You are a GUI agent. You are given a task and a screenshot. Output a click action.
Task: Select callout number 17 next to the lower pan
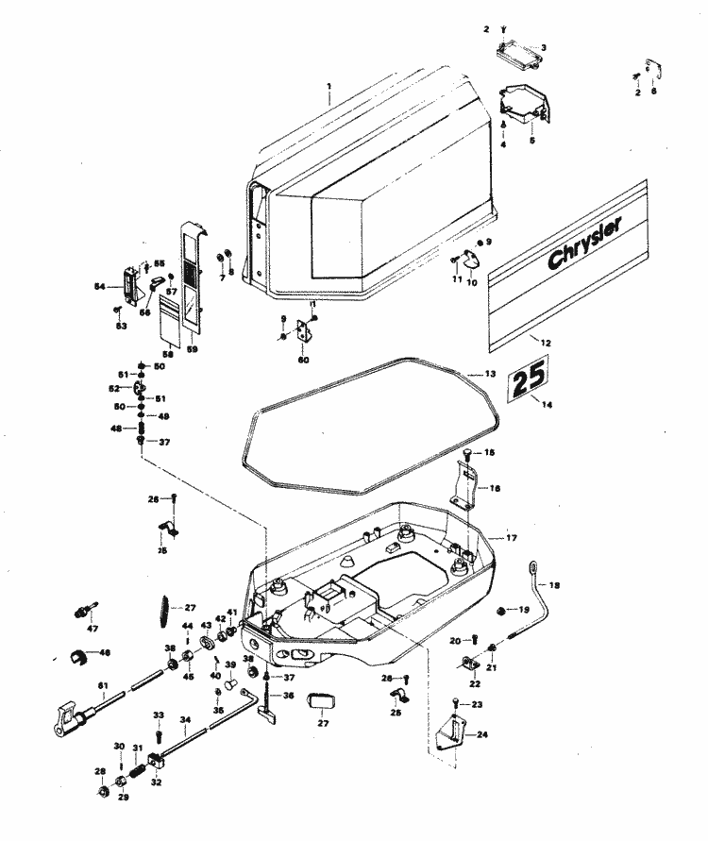[511, 538]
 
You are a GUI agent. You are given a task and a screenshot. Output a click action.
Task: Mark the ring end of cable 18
[535, 567]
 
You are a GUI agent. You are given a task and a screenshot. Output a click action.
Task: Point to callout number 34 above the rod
[185, 719]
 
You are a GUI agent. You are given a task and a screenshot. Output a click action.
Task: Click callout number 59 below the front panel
[193, 349]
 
